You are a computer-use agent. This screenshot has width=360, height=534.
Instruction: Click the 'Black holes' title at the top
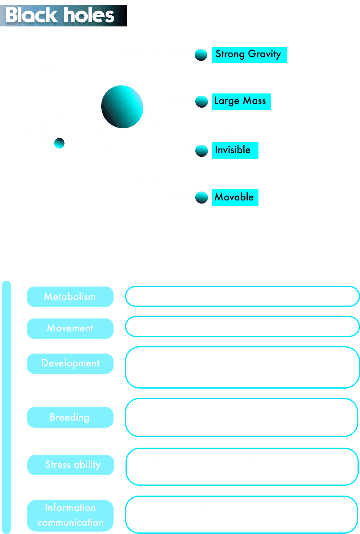60,15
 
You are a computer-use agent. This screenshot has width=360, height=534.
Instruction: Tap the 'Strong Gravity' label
249,55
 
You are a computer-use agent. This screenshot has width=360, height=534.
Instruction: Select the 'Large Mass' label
241,101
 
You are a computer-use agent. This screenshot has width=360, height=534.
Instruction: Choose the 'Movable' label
234,197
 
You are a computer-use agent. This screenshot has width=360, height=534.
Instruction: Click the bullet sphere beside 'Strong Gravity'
201,55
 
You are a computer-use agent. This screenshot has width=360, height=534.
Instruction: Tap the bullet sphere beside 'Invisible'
202,150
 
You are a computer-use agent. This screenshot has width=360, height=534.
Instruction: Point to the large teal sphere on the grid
122,106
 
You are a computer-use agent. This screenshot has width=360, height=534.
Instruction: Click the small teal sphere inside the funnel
59,143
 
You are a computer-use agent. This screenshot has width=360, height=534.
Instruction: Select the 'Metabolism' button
70,297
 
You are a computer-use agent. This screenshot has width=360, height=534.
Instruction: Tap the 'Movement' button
70,328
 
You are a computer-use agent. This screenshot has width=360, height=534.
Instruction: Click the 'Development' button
70,363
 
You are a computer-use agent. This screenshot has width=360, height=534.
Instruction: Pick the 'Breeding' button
70,417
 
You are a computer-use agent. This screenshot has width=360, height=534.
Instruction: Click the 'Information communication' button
70,515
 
